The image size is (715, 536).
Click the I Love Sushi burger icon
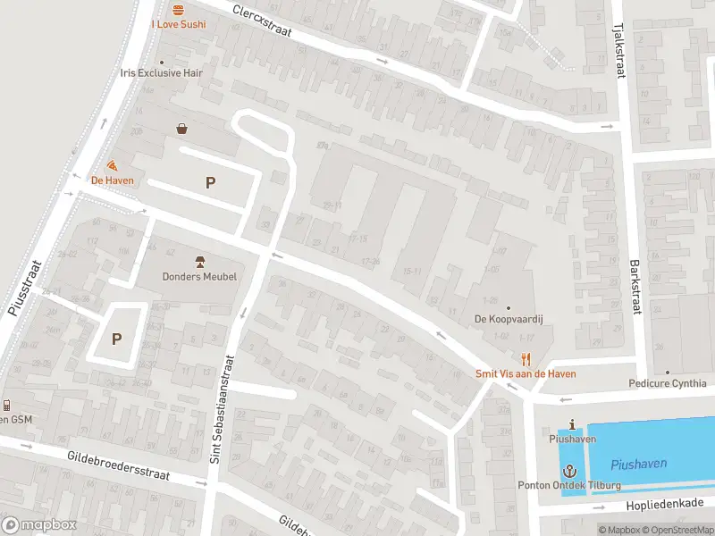point(178,10)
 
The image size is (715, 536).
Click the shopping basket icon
point(182,129)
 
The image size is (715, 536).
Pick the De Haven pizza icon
point(112,165)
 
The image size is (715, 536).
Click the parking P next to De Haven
point(211,182)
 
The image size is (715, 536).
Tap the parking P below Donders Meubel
point(116,339)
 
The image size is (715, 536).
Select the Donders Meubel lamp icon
point(199,261)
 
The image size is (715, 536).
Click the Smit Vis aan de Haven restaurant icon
point(526,359)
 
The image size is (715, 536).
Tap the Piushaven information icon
point(572,424)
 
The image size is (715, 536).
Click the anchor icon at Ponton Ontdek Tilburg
point(569,470)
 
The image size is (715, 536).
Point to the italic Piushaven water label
point(639,465)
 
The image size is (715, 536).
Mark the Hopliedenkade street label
point(665,505)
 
